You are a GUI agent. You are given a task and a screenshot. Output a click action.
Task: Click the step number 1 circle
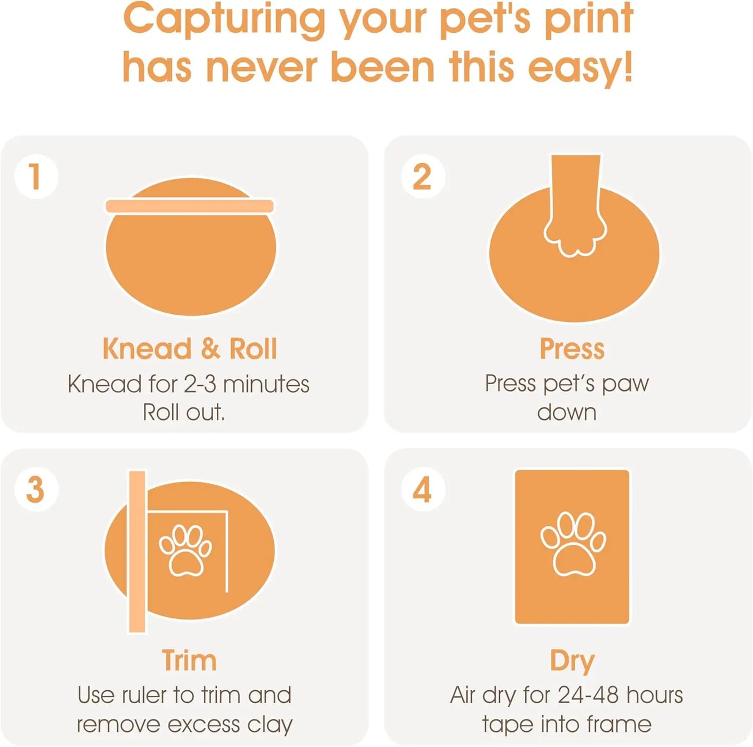tap(36, 177)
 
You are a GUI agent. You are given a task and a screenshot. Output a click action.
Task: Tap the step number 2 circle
tap(423, 177)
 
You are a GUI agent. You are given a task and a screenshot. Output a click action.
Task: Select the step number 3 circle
tap(36, 489)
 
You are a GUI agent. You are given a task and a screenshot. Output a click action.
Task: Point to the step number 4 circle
tap(423, 489)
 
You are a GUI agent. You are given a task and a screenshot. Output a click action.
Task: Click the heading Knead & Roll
tap(189, 349)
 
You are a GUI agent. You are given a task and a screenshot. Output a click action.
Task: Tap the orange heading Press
tap(572, 349)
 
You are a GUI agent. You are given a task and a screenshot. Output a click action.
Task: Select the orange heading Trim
tap(189, 660)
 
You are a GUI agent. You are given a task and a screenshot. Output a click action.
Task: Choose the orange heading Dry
tap(572, 661)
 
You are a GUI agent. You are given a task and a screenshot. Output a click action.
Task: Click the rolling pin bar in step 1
tap(190, 206)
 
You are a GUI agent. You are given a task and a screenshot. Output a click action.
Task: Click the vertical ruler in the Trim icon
tap(137, 552)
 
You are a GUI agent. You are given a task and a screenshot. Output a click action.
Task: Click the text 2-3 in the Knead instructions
tap(200, 384)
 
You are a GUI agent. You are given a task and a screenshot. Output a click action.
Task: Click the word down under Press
tap(566, 412)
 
